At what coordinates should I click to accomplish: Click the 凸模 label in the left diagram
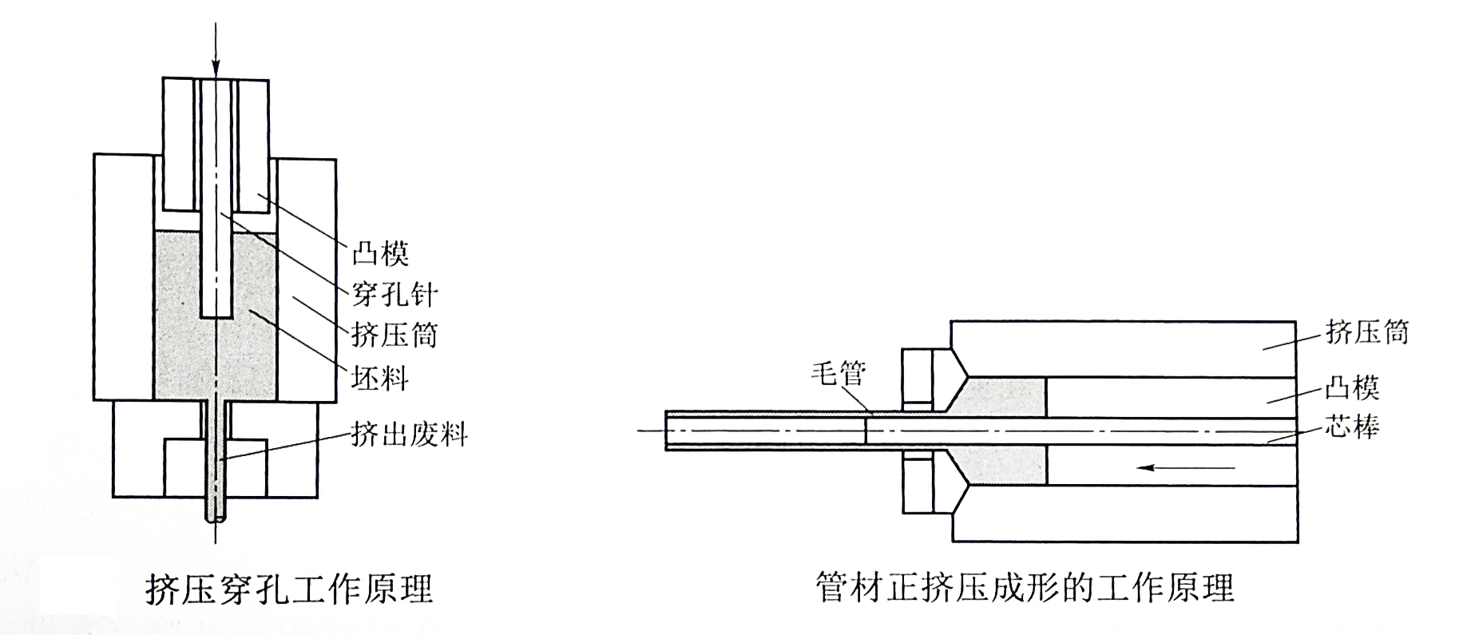(380, 254)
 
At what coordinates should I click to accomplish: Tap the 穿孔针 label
(395, 295)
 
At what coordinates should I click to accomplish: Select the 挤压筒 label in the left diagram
(395, 335)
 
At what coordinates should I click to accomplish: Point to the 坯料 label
(380, 376)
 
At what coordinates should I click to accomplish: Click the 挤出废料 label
(410, 435)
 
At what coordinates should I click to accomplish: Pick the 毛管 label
(839, 372)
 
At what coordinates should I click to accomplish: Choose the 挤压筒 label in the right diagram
(1367, 331)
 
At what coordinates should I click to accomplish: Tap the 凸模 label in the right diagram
(1352, 388)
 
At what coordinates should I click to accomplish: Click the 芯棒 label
(1352, 427)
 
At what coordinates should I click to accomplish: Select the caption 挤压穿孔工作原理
(289, 589)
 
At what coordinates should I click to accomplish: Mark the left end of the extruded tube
(667, 431)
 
